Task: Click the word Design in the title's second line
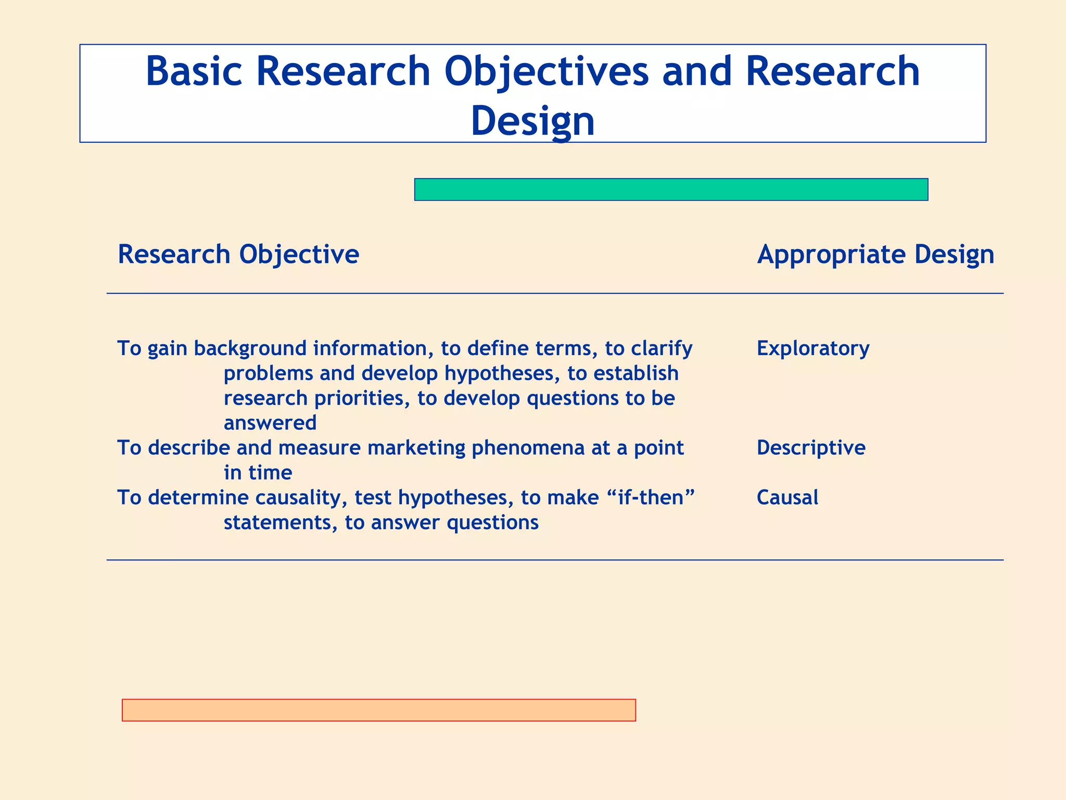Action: point(532,120)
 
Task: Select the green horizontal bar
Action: point(671,190)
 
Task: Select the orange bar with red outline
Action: point(378,710)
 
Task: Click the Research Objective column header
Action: point(238,254)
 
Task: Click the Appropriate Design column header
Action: point(875,254)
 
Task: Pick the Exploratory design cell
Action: point(813,348)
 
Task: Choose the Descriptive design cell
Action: point(810,447)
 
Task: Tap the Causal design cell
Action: point(787,497)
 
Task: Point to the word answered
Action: point(270,422)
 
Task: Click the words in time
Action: point(258,472)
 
